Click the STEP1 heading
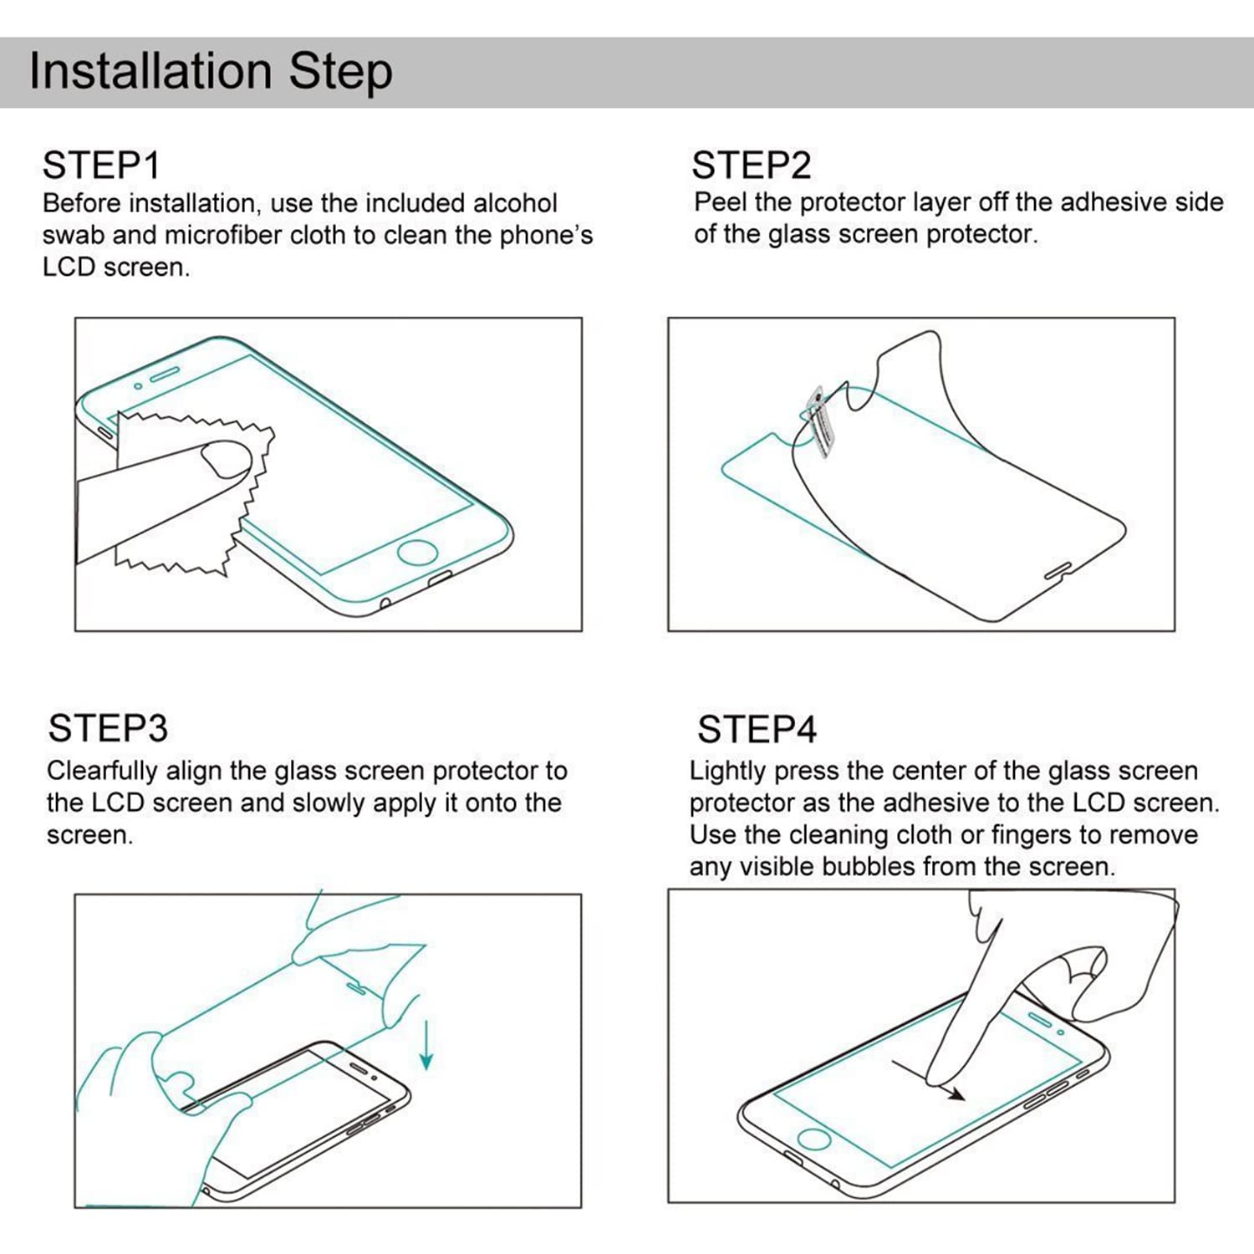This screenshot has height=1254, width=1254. point(101,166)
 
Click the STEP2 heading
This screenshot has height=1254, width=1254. point(751,166)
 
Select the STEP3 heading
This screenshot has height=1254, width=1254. point(108,728)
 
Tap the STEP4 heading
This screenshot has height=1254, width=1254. point(757,730)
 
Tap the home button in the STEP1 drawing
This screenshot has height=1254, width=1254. point(416,553)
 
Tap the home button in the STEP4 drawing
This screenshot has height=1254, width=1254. point(813,1139)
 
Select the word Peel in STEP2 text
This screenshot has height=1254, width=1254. point(720,202)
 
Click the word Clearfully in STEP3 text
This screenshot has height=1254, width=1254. point(102,771)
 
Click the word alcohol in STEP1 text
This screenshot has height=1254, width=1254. point(515,204)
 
